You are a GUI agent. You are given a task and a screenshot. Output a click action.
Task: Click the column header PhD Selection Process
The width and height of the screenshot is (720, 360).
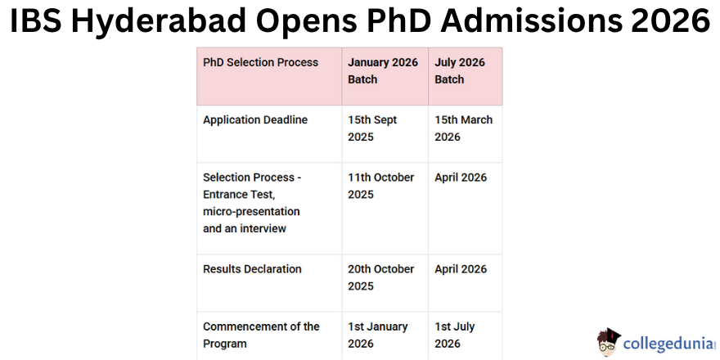click(260, 62)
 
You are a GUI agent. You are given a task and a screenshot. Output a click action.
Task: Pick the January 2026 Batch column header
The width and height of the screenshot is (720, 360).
click(383, 70)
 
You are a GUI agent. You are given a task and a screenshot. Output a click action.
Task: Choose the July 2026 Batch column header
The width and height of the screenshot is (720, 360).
click(460, 70)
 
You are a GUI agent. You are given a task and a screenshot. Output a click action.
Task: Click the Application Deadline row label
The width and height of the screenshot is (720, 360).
click(255, 119)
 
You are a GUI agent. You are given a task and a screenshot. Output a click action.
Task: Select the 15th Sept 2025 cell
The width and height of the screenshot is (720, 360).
click(372, 128)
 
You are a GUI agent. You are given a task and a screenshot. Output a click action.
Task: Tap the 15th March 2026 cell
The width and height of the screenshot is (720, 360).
click(463, 128)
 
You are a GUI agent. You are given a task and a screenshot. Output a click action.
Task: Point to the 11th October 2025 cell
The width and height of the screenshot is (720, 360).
click(380, 186)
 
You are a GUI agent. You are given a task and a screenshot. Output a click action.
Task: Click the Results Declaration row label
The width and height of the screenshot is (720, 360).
click(252, 269)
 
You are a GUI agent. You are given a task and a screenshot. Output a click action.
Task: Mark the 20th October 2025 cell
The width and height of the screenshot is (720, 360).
click(380, 277)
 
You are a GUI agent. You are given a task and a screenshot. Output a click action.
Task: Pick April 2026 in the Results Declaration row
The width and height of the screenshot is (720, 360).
click(461, 269)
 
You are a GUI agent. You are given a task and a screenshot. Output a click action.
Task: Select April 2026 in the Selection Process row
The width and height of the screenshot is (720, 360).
click(461, 178)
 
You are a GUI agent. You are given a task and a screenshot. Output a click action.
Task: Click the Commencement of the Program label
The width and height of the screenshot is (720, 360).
click(261, 335)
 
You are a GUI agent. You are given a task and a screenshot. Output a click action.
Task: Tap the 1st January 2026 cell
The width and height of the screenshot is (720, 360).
click(377, 335)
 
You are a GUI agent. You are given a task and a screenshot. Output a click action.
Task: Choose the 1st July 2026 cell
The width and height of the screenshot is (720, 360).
click(455, 335)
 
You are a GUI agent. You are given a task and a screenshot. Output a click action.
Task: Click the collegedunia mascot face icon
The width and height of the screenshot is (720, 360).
click(609, 342)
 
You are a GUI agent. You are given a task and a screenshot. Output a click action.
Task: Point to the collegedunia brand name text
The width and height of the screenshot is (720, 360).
click(669, 344)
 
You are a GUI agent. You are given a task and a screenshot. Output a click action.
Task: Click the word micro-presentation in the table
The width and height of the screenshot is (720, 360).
click(251, 212)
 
